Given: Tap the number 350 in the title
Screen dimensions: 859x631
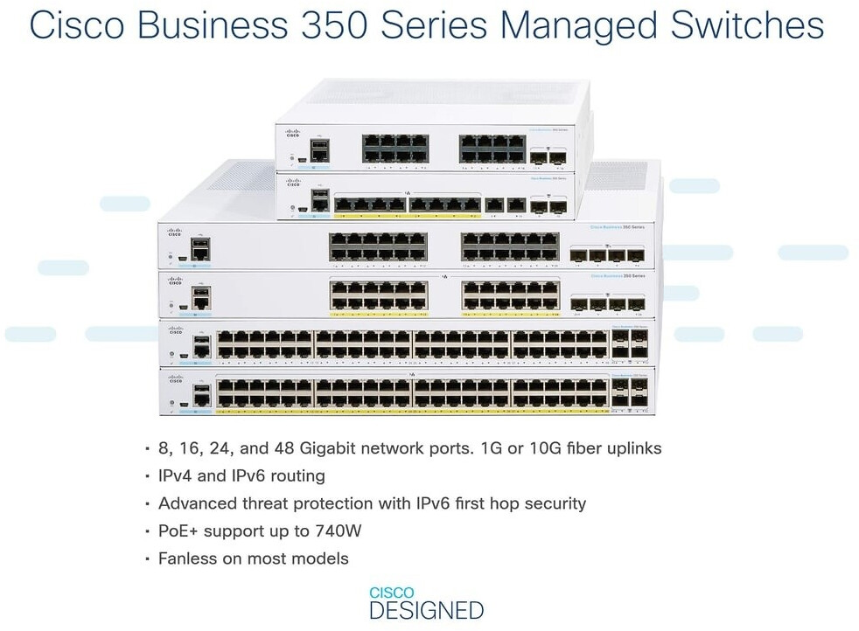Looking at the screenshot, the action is tap(351, 25).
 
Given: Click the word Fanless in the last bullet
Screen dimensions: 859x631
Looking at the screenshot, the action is tap(186, 558).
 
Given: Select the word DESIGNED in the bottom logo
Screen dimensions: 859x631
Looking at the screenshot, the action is tap(426, 609).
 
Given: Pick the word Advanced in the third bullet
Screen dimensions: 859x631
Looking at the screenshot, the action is tap(193, 503).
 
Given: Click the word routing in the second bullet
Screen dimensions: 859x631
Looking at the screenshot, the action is tap(296, 476).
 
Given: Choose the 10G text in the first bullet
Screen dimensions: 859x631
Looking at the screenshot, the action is tap(551, 448).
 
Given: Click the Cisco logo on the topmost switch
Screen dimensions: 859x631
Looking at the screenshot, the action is tap(292, 133).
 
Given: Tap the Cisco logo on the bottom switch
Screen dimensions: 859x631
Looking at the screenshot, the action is tap(176, 380).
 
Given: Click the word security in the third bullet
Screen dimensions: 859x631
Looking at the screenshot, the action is tap(555, 503).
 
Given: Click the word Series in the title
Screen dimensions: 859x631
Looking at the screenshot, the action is tap(443, 25).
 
